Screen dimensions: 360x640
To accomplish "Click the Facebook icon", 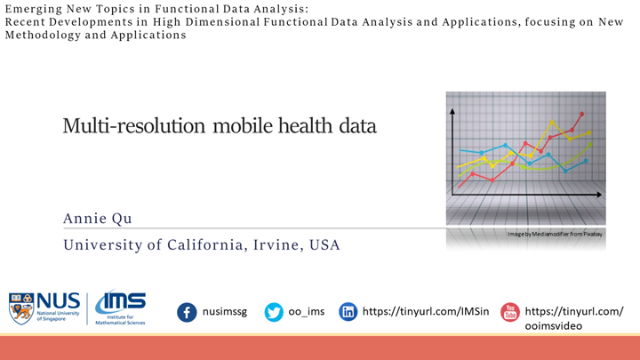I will click(187, 312).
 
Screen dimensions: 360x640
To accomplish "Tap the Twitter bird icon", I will click(274, 312).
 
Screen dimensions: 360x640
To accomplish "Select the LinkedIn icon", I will click(348, 312).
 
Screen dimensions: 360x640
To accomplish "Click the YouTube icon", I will click(509, 312).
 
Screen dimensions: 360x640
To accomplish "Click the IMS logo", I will click(120, 308).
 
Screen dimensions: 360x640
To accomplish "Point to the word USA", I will click(324, 244).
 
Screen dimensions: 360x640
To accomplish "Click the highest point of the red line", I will click(582, 114).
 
